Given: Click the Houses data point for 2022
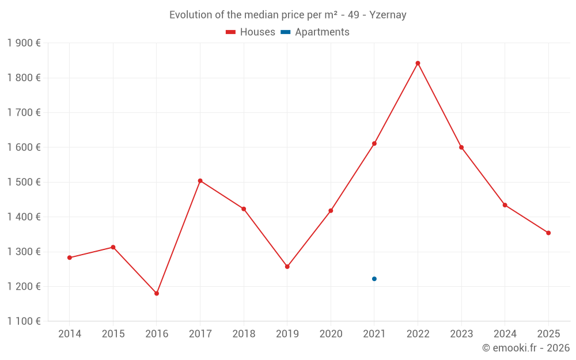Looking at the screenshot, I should click(x=418, y=63).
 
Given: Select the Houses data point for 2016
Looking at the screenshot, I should click(x=157, y=293).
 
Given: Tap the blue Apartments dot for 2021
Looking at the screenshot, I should click(x=374, y=279).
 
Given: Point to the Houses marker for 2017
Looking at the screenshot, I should click(x=200, y=181).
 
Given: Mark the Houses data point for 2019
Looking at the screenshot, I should click(x=287, y=267).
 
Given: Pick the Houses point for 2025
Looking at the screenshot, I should click(x=548, y=233).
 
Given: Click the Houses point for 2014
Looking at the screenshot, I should click(x=70, y=257).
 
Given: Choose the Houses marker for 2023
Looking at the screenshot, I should click(x=461, y=147).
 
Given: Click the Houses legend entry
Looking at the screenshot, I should click(x=251, y=32).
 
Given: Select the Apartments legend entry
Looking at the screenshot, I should click(x=315, y=32).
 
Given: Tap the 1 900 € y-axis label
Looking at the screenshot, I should click(x=24, y=43).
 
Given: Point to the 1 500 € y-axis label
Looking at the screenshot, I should click(x=24, y=182).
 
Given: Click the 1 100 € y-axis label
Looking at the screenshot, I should click(x=24, y=321).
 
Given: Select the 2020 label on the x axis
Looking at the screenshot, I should click(x=331, y=334).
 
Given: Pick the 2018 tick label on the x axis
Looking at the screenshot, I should click(x=244, y=334).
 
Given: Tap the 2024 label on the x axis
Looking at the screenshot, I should click(x=505, y=334).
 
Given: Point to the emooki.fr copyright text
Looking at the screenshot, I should click(x=525, y=348).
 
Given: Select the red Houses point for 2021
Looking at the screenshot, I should click(x=374, y=143).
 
